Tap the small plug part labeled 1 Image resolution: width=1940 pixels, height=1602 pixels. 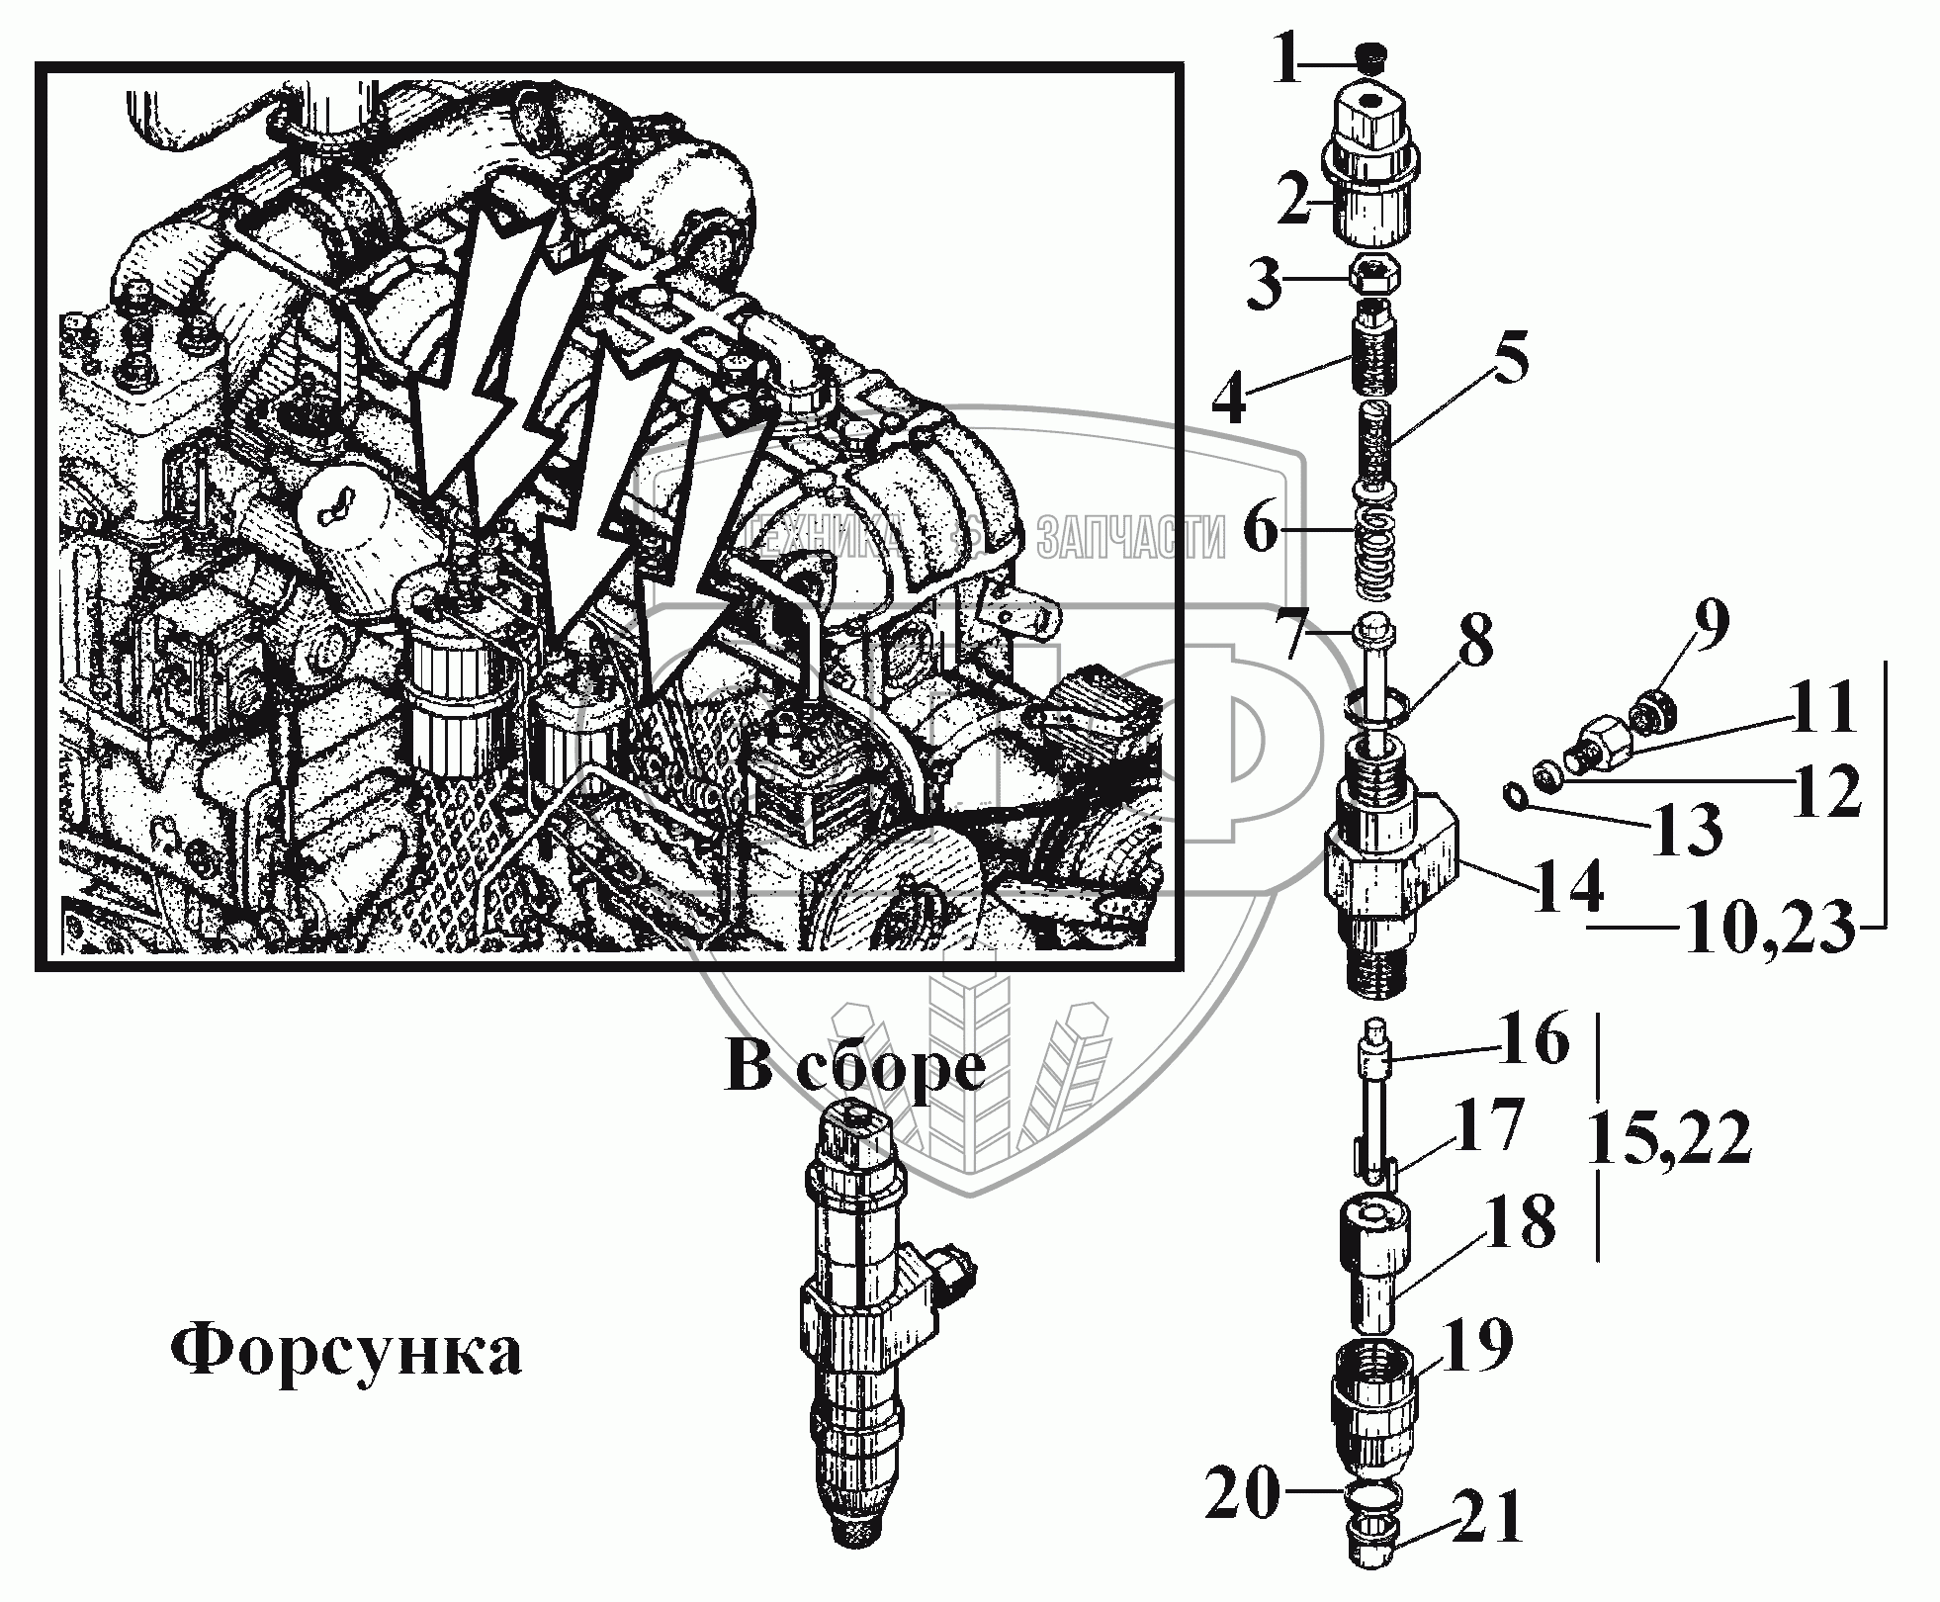(1370, 59)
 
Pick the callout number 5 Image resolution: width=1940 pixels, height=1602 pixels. (1502, 361)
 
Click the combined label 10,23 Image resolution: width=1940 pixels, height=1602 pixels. (1766, 929)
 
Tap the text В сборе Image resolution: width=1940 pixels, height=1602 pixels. (855, 1068)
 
